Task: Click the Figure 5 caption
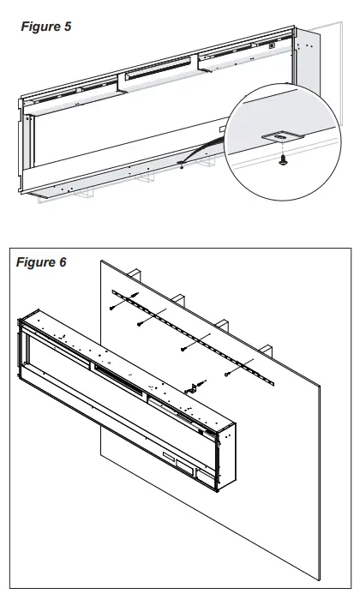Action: pos(46,27)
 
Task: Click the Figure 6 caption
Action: pos(41,261)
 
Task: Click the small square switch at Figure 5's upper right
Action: pos(273,46)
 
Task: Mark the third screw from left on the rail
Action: pos(183,350)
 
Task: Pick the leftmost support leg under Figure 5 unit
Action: pos(85,193)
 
